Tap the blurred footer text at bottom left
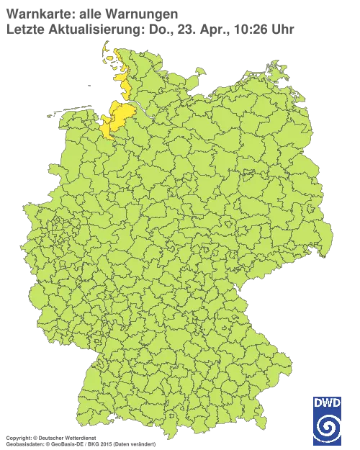click(79, 437)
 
